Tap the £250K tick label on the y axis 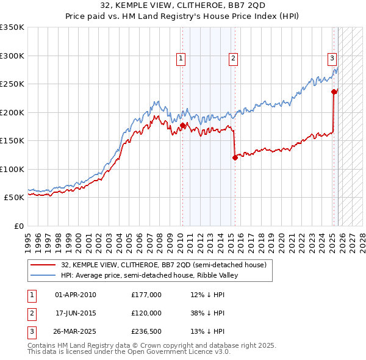[x=12, y=84]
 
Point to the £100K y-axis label [x=12, y=169]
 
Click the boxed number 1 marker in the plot [x=182, y=59]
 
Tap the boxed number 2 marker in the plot [x=234, y=59]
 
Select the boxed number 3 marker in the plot [x=332, y=59]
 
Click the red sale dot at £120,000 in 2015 [x=235, y=158]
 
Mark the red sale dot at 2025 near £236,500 [x=334, y=92]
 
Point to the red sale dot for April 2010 [x=182, y=126]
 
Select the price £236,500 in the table [x=146, y=331]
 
